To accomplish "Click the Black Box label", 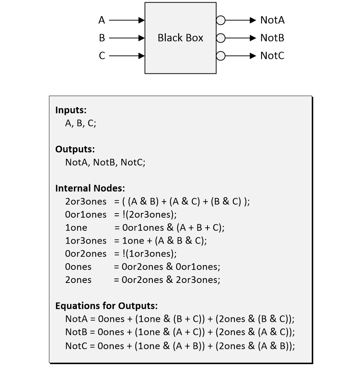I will coord(180,38).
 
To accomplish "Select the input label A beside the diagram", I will coord(102,20).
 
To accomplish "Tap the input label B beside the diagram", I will coord(102,38).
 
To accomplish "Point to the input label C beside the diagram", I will coord(102,56).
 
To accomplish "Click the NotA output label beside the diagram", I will coord(272,20).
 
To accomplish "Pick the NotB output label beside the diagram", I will coord(272,38).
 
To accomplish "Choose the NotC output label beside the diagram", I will coord(272,56).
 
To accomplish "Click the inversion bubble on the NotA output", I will coord(220,20).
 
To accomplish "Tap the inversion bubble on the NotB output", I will coord(220,38).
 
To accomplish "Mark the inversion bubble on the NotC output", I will coord(220,56).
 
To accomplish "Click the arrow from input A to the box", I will coord(127,20).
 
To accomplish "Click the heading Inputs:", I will coord(71,110).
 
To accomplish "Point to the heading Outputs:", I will coord(75,149).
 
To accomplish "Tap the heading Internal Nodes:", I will coord(90,188).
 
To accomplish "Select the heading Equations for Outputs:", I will coord(107,306).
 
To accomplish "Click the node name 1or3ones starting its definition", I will coord(86,241).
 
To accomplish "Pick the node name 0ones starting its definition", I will coord(78,267).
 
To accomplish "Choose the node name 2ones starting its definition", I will coord(78,280).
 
